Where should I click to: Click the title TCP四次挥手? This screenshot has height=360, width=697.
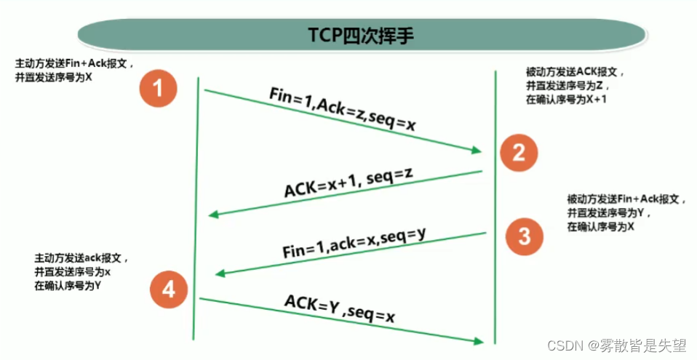[x=361, y=35]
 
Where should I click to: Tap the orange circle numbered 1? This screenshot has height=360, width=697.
[x=159, y=89]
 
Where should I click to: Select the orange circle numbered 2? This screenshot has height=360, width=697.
[x=519, y=153]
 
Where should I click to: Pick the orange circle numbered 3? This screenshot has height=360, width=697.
[x=525, y=236]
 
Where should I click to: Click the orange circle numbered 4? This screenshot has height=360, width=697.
[x=169, y=289]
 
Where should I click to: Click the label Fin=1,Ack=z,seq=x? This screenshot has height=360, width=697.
[x=343, y=109]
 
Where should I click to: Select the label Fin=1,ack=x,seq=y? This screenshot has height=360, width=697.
[x=354, y=243]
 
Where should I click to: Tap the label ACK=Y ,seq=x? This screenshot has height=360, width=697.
[x=340, y=308]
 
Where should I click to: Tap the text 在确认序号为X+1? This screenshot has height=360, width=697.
[x=566, y=99]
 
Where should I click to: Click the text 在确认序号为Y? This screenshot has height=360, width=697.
[x=68, y=285]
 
